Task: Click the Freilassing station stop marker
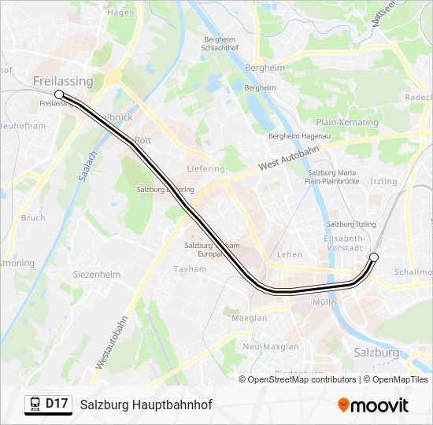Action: [x=59, y=94]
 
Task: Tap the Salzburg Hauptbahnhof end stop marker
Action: [x=374, y=257]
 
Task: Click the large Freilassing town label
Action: [x=63, y=81]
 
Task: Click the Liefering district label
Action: [x=206, y=169]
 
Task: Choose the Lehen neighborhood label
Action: [x=290, y=254]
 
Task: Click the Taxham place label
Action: [x=191, y=269]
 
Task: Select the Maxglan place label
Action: [x=250, y=319]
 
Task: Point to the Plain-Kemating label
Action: [x=347, y=122]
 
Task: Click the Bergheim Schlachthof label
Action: [x=221, y=43]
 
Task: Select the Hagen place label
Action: [x=121, y=13]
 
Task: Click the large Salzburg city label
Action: [x=376, y=353]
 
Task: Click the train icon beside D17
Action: [x=35, y=405]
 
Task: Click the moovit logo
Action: [x=373, y=405]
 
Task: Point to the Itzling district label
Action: [x=383, y=182]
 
